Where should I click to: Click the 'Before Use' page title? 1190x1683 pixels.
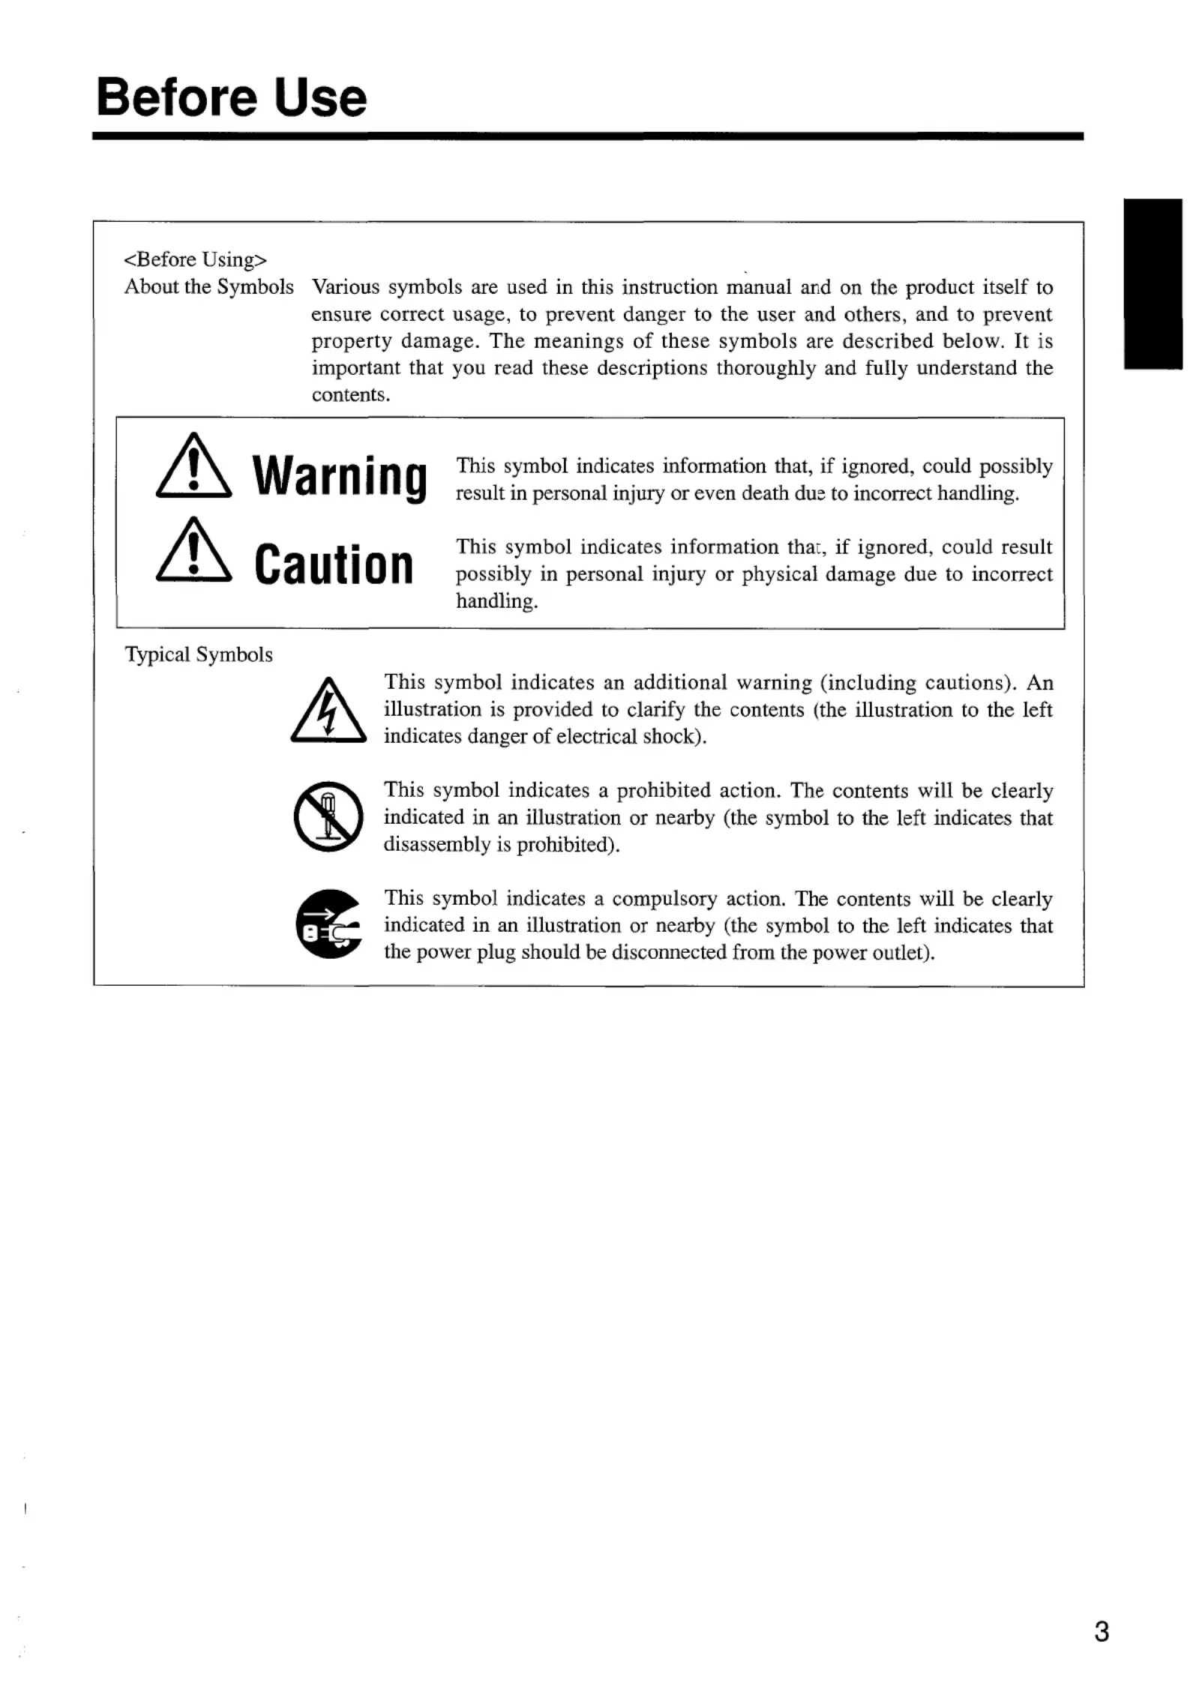231,97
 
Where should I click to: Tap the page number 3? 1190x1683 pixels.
1101,1631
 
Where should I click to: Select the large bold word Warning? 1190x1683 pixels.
340,477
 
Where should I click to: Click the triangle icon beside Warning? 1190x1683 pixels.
193,467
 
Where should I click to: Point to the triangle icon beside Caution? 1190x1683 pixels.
193,552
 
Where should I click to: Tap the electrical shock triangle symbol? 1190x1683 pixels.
328,711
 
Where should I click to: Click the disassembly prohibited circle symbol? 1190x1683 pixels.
328,816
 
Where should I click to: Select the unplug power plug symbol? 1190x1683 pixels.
328,924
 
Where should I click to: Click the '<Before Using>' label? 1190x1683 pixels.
195,259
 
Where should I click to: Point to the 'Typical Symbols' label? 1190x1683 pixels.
199,654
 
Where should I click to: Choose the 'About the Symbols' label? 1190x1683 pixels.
208,286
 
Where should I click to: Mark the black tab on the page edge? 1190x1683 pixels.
1153,283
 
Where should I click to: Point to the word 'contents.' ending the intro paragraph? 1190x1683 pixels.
351,395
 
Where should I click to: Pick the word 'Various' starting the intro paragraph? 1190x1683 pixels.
346,287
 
